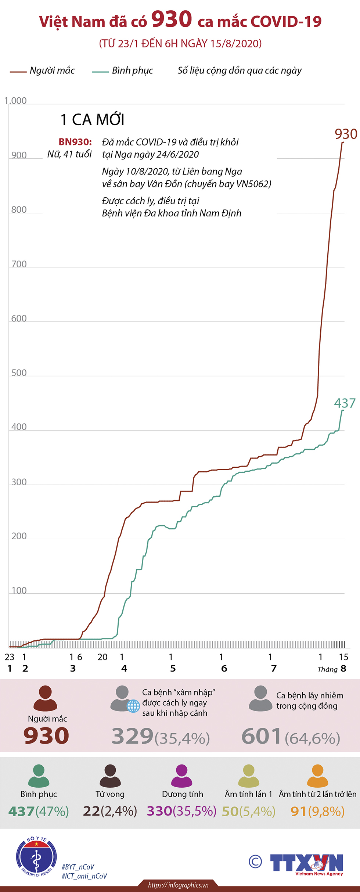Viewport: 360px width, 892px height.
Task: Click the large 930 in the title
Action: [172, 19]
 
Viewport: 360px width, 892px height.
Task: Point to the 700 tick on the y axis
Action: [19, 264]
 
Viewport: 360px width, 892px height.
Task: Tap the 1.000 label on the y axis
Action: [16, 101]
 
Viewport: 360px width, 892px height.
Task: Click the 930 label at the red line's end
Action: [346, 134]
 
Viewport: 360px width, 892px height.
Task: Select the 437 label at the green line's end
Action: [345, 403]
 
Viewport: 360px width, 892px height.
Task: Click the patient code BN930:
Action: [75, 142]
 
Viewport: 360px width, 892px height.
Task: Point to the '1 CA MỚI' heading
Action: [92, 120]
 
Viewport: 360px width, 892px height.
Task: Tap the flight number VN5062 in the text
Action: [253, 184]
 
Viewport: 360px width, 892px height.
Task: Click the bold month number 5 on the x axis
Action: [173, 669]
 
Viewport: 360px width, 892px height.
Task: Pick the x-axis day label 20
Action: [102, 657]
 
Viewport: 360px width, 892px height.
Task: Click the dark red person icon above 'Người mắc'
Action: [45, 698]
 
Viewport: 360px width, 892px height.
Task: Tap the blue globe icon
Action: [133, 706]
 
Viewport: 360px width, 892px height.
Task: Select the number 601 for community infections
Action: [261, 736]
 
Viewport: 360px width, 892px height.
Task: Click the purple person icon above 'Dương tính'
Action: [182, 776]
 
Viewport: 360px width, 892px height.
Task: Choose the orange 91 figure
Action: [298, 811]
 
